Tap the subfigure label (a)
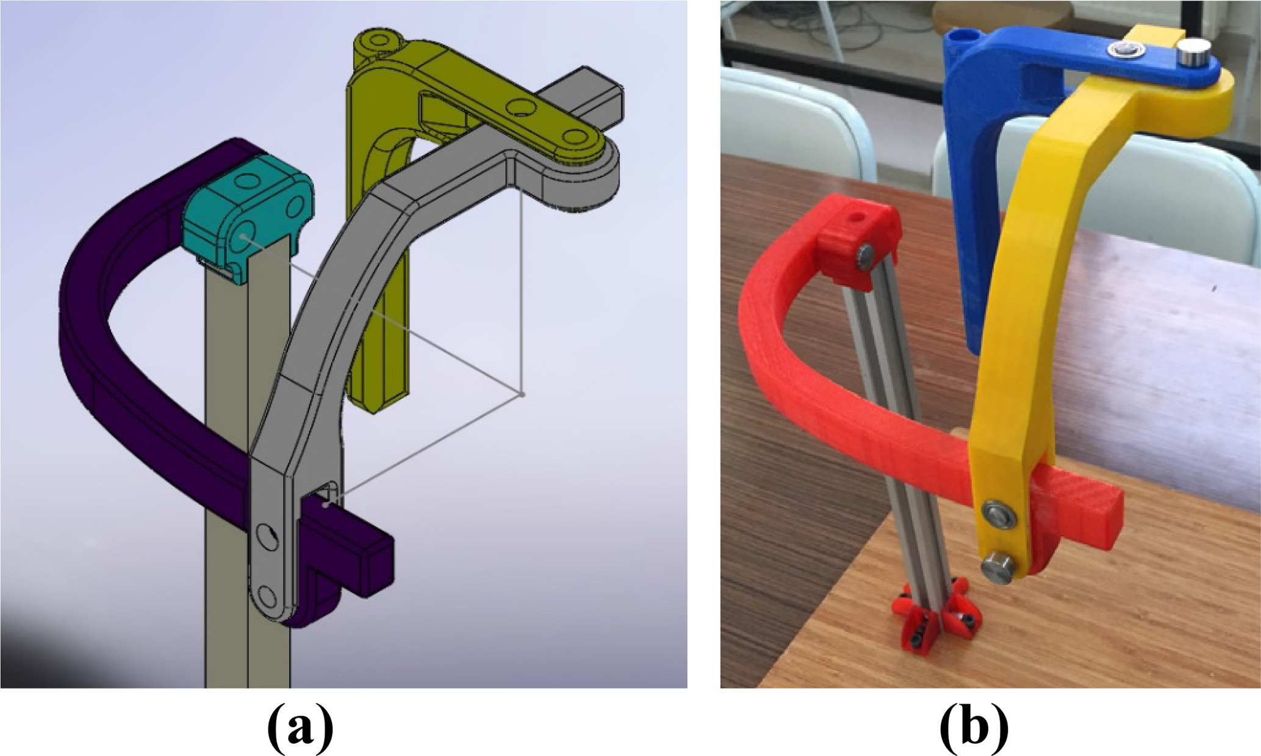pos(301,727)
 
